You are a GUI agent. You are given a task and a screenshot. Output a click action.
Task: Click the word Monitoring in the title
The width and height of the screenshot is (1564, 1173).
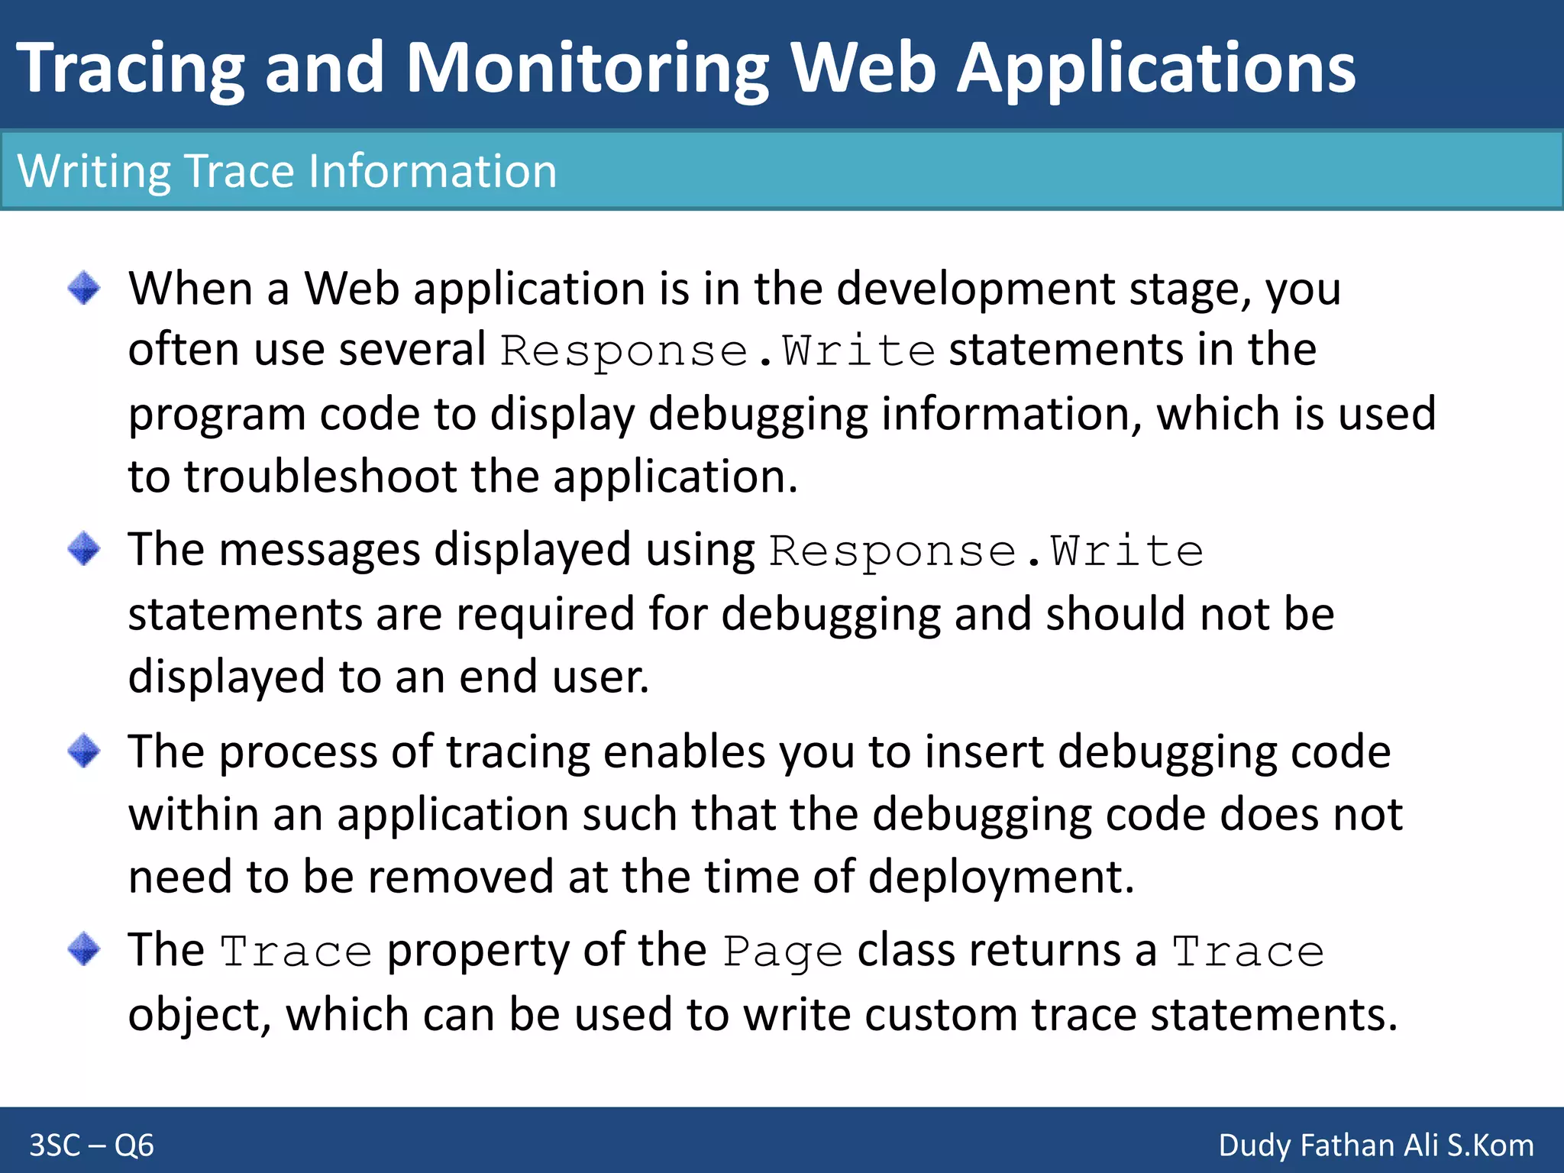pyautogui.click(x=586, y=69)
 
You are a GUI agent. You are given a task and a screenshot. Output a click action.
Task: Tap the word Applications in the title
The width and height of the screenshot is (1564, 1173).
pyautogui.click(x=1155, y=69)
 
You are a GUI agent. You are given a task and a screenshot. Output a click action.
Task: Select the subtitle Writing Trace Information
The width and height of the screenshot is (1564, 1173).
pyautogui.click(x=287, y=171)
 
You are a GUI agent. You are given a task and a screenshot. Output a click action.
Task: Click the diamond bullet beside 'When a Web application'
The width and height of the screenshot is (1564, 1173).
pyautogui.click(x=84, y=289)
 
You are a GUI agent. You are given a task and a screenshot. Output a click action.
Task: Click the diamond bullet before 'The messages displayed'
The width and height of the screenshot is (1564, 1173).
pyautogui.click(x=84, y=549)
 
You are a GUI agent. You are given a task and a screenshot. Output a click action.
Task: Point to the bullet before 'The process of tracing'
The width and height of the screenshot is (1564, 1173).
pyautogui.click(x=84, y=751)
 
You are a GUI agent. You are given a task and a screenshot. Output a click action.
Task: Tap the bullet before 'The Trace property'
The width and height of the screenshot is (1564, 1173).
pyautogui.click(x=84, y=949)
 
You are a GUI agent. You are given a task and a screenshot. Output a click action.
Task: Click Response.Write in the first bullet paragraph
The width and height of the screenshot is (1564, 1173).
pyautogui.click(x=717, y=351)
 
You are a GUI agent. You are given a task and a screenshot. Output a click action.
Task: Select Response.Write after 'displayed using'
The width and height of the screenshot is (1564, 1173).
pyautogui.click(x=985, y=551)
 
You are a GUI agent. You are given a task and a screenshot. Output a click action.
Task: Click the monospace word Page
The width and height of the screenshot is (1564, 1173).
pyautogui.click(x=782, y=952)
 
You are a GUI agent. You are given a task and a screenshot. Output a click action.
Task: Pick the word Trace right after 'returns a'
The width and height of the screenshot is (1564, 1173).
pyautogui.click(x=1248, y=952)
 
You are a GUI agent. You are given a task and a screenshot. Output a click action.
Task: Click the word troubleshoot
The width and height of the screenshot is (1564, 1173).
pyautogui.click(x=320, y=477)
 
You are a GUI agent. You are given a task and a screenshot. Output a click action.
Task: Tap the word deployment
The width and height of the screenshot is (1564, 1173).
pyautogui.click(x=1000, y=877)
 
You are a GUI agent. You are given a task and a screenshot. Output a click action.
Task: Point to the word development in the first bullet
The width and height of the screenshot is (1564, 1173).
pyautogui.click(x=975, y=289)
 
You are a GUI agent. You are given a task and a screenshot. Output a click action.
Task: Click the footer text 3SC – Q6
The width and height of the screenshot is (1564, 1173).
pyautogui.click(x=92, y=1146)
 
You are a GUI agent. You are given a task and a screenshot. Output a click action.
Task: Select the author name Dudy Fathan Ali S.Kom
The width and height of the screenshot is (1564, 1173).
pyautogui.click(x=1375, y=1146)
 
